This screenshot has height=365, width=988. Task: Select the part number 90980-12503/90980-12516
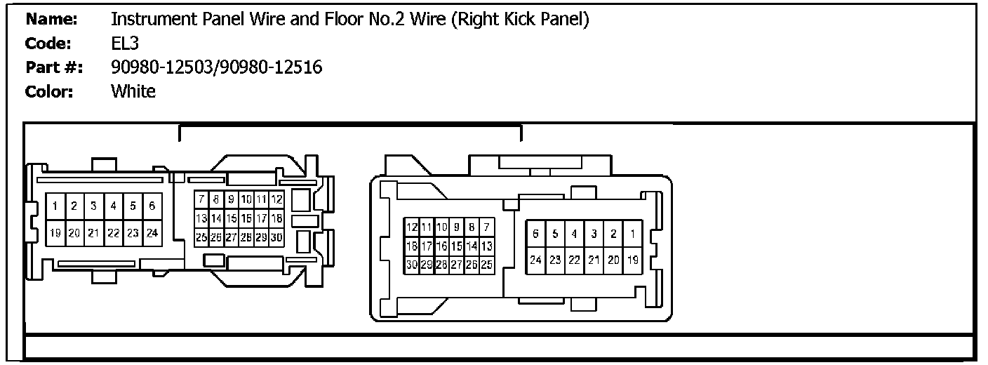(x=216, y=67)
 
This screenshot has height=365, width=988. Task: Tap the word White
(x=133, y=91)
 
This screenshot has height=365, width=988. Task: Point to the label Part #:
(x=54, y=67)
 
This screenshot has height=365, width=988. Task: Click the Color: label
(x=49, y=91)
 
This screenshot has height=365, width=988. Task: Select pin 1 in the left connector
(x=54, y=206)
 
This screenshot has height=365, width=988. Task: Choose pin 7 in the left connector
(x=201, y=200)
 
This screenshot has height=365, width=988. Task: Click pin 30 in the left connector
(x=276, y=238)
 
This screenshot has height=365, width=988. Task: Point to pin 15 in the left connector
(x=232, y=219)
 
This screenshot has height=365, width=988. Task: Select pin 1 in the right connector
(x=632, y=234)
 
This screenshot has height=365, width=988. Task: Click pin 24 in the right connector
(x=535, y=260)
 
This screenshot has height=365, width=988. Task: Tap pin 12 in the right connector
(x=412, y=227)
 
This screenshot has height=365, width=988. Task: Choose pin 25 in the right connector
(x=487, y=265)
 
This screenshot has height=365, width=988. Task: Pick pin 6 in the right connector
(x=535, y=234)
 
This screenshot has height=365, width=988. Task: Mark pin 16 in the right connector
(x=442, y=246)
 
